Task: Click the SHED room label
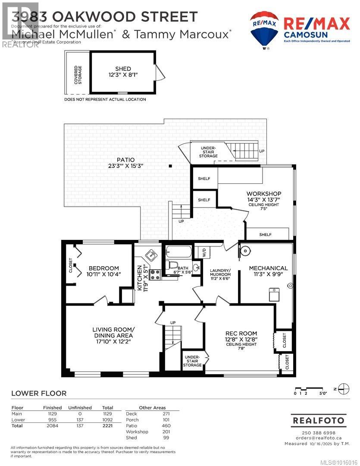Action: pos(123,69)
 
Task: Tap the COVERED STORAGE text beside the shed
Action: pos(78,75)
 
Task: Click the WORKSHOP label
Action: pos(264,193)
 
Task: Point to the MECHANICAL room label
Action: pos(268,268)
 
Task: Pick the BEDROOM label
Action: pos(103,268)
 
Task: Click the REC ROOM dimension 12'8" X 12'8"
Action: pos(241,340)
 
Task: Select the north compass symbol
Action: pos(344,387)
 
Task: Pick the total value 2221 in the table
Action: pos(107,426)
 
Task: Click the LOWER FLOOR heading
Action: pos(39,393)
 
